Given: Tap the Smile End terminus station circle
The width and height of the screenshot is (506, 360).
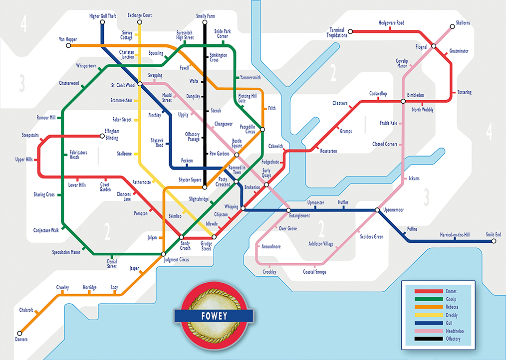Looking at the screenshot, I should [x=493, y=241].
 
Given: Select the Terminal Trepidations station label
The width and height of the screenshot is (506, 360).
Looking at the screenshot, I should [x=336, y=32].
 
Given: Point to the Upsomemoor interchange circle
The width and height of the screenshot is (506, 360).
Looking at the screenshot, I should [x=378, y=210].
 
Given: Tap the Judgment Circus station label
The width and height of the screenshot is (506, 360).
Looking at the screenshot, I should [x=177, y=260].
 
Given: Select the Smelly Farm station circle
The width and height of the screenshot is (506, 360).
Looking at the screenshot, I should [x=205, y=23].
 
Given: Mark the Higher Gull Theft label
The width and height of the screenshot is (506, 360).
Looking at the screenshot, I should [x=103, y=16].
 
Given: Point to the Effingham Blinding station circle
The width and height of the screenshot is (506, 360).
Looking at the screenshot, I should [x=102, y=135].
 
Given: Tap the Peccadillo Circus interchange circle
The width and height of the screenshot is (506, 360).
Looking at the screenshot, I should [x=262, y=129].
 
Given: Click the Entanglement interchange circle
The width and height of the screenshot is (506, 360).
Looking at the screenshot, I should [x=289, y=210].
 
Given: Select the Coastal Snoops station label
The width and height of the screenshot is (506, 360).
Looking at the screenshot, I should [x=315, y=272].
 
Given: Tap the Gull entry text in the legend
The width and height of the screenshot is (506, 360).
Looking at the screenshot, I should [x=451, y=323].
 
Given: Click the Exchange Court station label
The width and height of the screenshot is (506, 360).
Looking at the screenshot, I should [x=140, y=15].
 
